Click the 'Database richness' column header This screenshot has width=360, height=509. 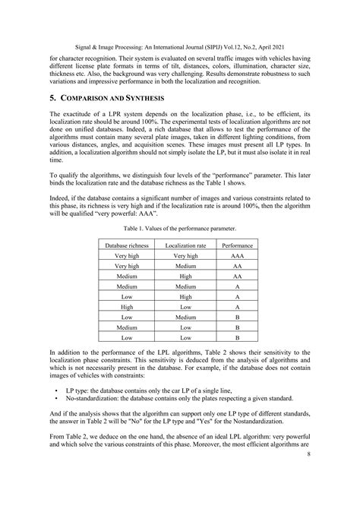pyautogui.click(x=126, y=246)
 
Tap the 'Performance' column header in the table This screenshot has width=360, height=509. pyautogui.click(x=238, y=246)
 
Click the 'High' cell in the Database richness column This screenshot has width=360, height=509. pyautogui.click(x=126, y=306)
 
